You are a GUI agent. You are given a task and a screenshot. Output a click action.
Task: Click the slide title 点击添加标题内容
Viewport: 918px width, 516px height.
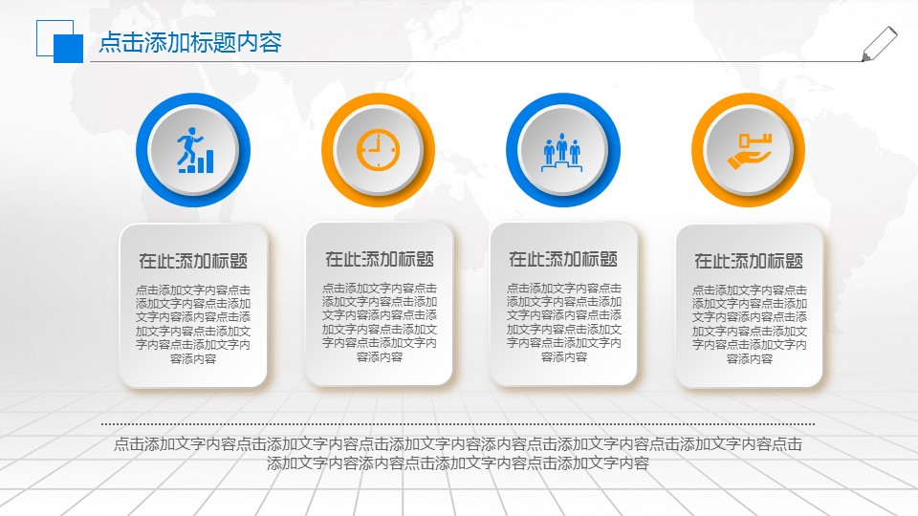pos(190,42)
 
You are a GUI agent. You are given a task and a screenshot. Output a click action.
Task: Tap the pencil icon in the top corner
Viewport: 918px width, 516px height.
pos(879,44)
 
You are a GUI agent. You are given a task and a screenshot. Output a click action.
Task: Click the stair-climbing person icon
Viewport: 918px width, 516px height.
pos(193,150)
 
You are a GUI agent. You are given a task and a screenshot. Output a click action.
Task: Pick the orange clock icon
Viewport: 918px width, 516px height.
pos(378,149)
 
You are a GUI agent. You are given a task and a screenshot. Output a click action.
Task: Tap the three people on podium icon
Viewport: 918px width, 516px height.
pos(562,150)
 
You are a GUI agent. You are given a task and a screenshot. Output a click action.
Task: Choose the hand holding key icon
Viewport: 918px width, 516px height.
pos(748,150)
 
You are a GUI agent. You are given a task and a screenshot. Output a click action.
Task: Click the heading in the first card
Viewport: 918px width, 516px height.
pos(193,261)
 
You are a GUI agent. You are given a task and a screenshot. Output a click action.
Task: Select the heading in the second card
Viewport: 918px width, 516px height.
pos(379,259)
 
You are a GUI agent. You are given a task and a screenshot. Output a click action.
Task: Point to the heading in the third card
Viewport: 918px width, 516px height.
pos(563,259)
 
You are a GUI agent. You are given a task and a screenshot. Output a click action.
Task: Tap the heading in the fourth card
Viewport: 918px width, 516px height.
pos(749,261)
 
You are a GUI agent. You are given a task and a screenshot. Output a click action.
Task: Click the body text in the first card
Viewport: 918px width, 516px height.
pos(193,324)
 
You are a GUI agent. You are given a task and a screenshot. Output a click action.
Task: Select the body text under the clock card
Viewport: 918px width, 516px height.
pos(379,322)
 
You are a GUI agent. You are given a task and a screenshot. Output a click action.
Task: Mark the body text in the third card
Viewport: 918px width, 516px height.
pos(563,322)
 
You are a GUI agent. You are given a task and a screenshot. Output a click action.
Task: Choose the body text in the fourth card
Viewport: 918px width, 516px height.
pos(749,324)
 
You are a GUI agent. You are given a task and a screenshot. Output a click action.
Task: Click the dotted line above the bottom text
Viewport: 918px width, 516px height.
pos(458,423)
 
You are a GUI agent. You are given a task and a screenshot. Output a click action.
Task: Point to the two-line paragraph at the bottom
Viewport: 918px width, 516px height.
pos(458,454)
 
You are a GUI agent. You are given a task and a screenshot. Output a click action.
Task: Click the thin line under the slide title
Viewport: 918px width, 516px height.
pos(478,62)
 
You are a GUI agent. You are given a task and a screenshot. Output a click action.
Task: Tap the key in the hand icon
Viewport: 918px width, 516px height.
pos(755,140)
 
